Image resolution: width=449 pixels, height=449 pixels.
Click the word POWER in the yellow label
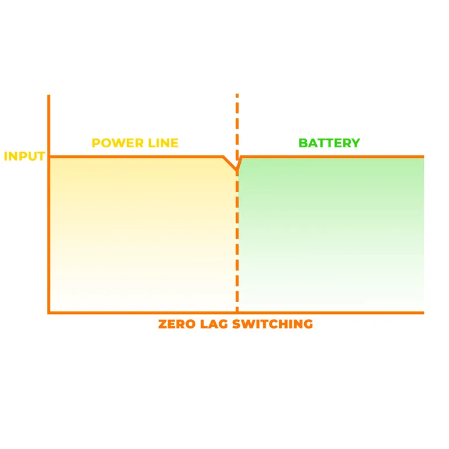114,143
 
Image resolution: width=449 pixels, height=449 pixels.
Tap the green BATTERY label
329,143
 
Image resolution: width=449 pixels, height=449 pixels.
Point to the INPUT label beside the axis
25,156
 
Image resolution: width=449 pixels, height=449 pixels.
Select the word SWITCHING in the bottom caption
274,324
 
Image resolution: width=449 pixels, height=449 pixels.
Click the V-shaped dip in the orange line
237,170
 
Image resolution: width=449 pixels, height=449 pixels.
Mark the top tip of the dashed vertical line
237,95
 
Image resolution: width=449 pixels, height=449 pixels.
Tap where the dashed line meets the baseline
237,312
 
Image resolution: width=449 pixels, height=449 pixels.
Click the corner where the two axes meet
49,312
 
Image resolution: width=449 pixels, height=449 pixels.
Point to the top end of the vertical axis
49,96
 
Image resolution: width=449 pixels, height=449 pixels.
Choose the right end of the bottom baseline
423,312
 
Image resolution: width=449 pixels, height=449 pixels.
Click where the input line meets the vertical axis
49,157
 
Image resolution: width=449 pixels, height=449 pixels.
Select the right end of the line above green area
423,157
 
